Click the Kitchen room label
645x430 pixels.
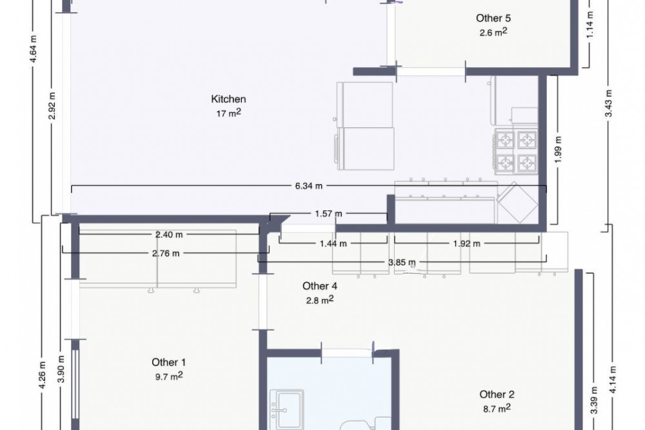tap(228, 99)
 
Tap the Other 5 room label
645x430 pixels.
tap(493, 18)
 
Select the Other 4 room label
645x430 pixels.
tap(320, 286)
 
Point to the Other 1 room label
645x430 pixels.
tap(168, 362)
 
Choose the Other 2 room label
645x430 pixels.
tap(497, 394)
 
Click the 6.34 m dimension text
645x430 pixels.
tap(308, 186)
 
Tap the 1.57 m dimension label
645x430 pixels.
tap(328, 214)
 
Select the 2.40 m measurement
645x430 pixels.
tap(168, 235)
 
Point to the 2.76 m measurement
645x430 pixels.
tap(166, 253)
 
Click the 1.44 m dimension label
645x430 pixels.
tap(333, 244)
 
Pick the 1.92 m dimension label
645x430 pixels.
tap(466, 244)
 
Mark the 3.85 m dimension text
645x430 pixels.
tap(401, 262)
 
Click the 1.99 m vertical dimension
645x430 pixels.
tap(558, 149)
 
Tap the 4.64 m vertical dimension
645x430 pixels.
tap(34, 49)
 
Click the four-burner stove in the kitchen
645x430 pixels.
tap(516, 150)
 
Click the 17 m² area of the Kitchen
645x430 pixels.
tap(228, 113)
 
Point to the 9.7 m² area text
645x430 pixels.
tap(168, 376)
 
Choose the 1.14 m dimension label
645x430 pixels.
tap(590, 25)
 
